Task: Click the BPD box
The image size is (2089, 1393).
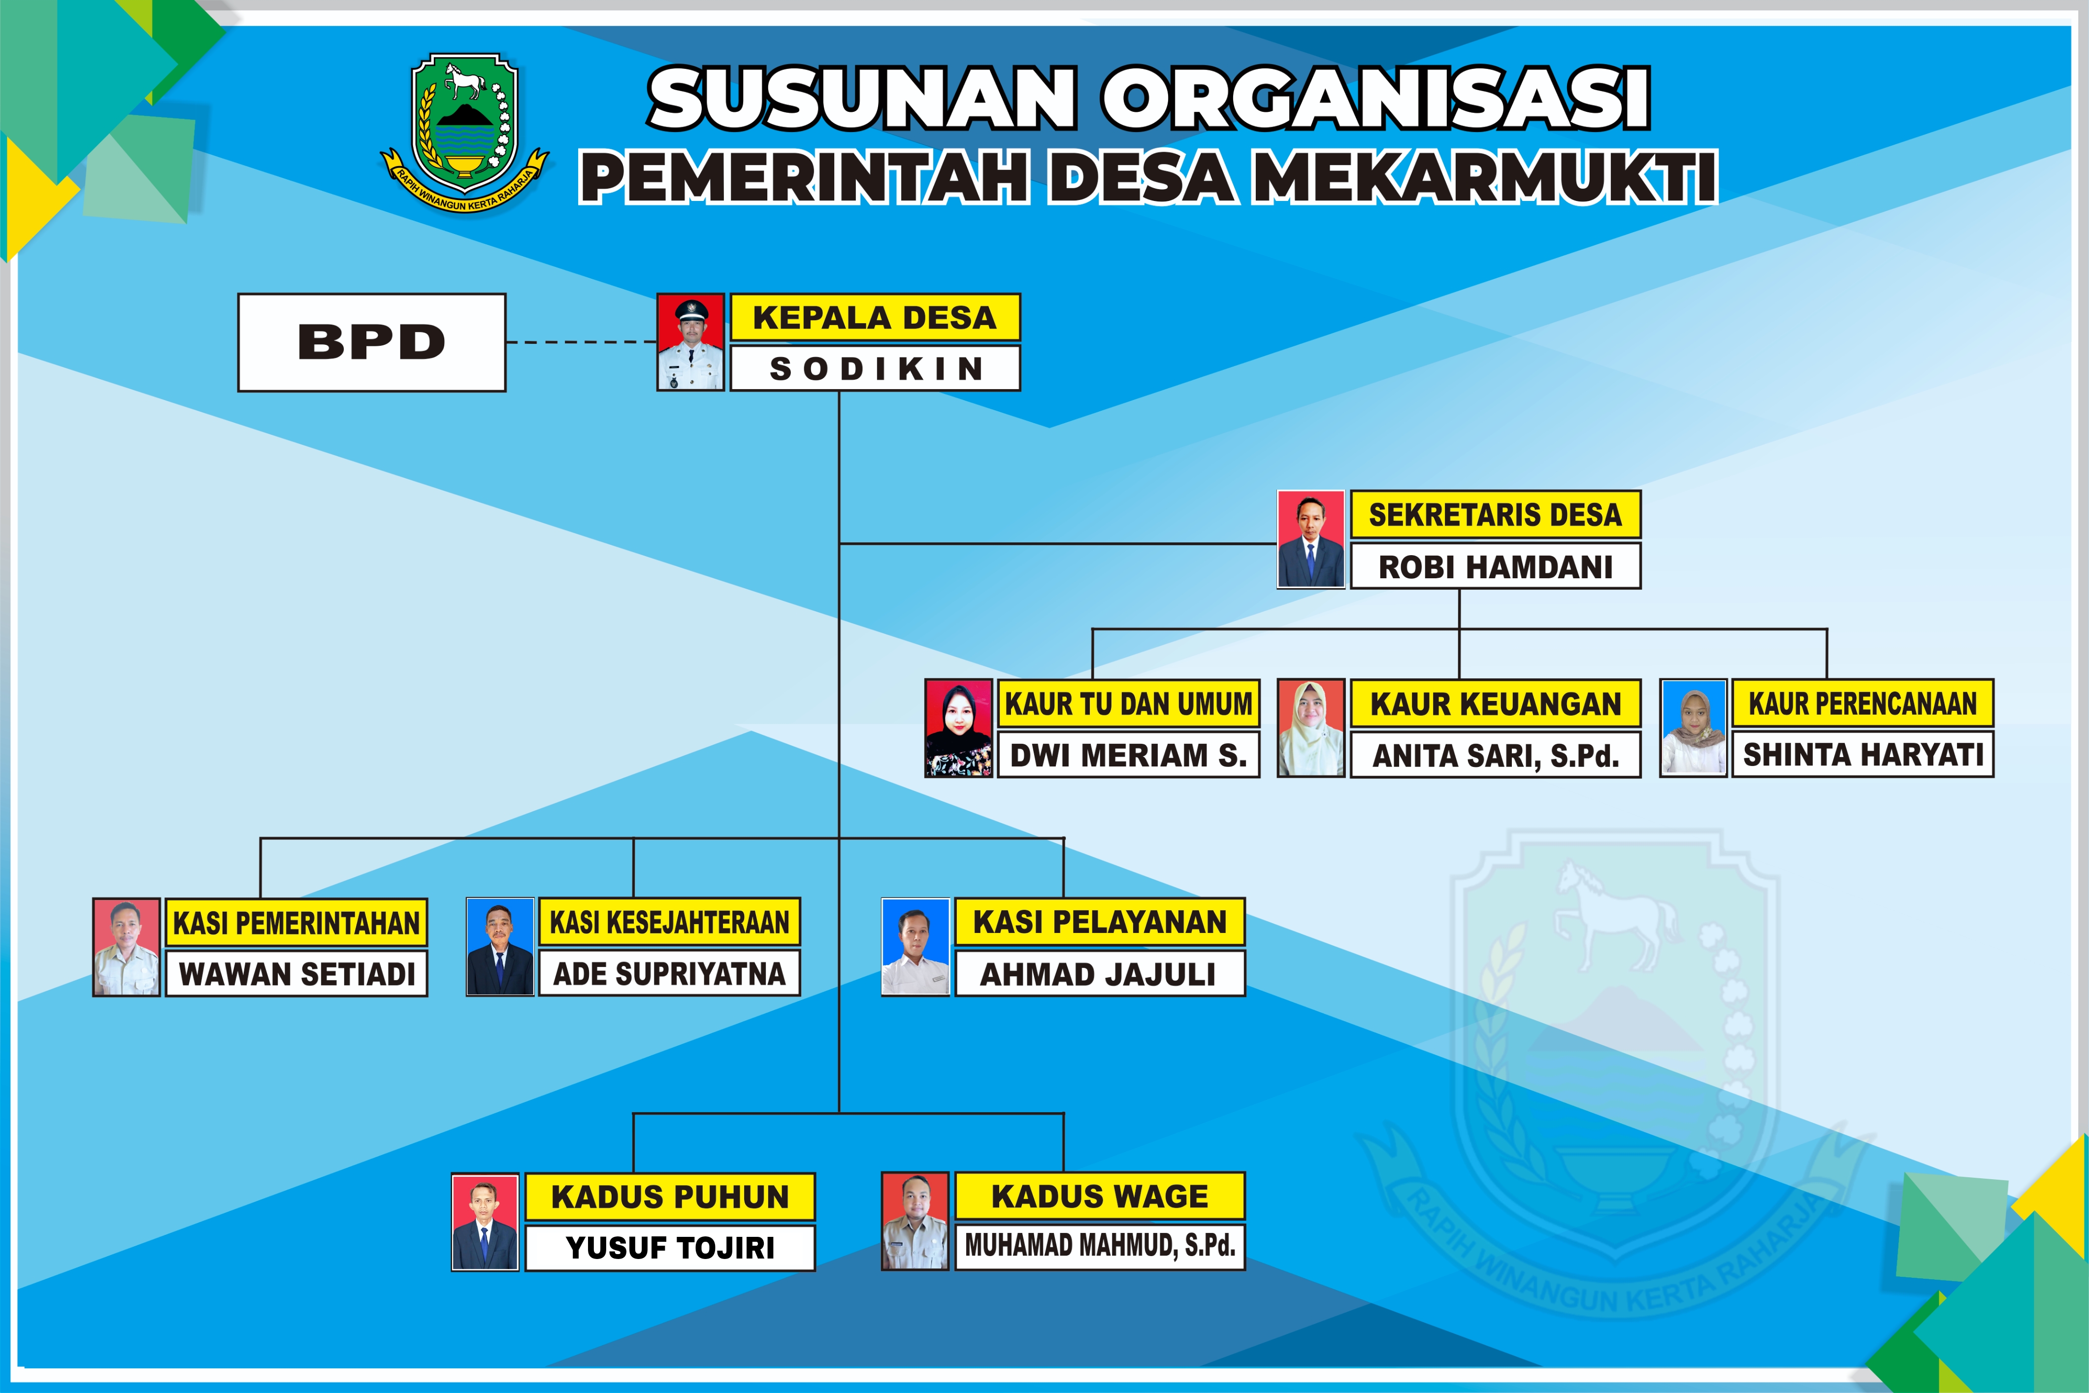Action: coord(371,342)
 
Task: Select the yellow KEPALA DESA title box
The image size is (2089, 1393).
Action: coord(875,317)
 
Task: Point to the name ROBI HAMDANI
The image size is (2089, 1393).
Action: coord(1496,566)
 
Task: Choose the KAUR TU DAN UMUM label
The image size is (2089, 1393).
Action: coord(1128,703)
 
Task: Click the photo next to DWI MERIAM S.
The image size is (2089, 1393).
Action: coord(958,729)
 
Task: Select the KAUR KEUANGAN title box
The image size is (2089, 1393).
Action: coord(1496,703)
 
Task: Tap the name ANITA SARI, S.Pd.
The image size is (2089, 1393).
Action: coord(1496,755)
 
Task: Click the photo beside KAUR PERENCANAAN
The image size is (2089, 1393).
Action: coord(1694,729)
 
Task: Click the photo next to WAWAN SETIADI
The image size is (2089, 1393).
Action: coord(126,947)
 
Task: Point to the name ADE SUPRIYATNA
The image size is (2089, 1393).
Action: coord(670,974)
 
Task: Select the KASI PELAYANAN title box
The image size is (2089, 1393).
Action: coord(1100,922)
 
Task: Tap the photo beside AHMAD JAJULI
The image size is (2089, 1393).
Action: coord(915,947)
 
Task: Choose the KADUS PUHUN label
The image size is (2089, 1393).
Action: coord(670,1196)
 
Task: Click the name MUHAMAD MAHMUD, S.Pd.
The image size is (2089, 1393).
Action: coord(1100,1246)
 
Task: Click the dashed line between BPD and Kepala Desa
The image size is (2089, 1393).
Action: coord(582,342)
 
